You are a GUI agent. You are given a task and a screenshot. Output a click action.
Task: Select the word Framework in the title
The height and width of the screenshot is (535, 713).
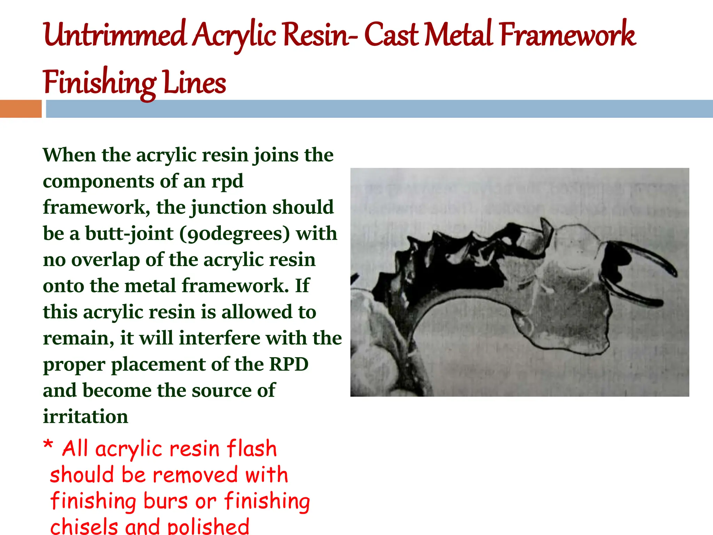(x=567, y=35)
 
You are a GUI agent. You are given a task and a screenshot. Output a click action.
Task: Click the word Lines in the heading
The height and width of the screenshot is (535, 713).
(x=194, y=83)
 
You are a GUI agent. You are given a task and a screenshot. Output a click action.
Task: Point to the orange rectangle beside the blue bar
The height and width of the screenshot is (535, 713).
(x=21, y=109)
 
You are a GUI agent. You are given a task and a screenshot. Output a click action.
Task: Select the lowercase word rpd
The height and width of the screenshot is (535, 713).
(x=227, y=182)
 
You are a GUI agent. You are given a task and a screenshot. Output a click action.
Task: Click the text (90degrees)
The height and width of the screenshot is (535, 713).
(x=235, y=234)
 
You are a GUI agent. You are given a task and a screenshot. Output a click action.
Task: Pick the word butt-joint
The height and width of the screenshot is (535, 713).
(x=129, y=234)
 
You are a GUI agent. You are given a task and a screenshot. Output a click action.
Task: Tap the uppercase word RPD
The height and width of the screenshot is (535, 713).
(x=289, y=365)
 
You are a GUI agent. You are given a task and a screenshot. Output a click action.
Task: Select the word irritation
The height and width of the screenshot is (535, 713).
(x=86, y=417)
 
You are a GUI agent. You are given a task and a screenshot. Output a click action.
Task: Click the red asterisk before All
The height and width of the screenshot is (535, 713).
(x=48, y=445)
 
